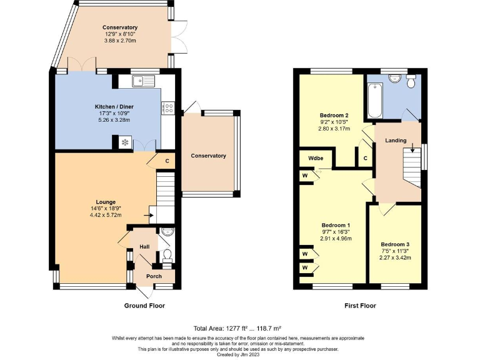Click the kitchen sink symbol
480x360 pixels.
tap(144, 81)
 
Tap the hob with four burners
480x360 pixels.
tap(168, 107)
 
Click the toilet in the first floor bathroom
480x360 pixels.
tap(411, 81)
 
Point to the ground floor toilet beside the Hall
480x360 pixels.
tap(167, 256)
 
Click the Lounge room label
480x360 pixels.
tap(106, 202)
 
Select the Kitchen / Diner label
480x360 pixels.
tap(114, 107)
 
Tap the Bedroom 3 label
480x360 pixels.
tap(395, 244)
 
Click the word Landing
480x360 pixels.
tap(396, 141)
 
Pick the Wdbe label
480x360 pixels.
tap(316, 158)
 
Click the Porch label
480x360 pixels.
tap(154, 276)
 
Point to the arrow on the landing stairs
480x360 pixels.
tap(412, 147)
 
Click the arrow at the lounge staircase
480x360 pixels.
tap(149, 215)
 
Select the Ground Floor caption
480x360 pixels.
tap(144, 306)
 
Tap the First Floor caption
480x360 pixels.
tap(360, 306)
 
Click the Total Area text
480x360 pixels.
tap(237, 329)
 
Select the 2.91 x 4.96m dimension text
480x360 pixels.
tap(336, 239)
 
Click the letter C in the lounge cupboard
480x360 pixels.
tap(167, 161)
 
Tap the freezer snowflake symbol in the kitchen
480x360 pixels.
tap(125, 142)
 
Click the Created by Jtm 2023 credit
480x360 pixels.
tap(238, 354)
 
